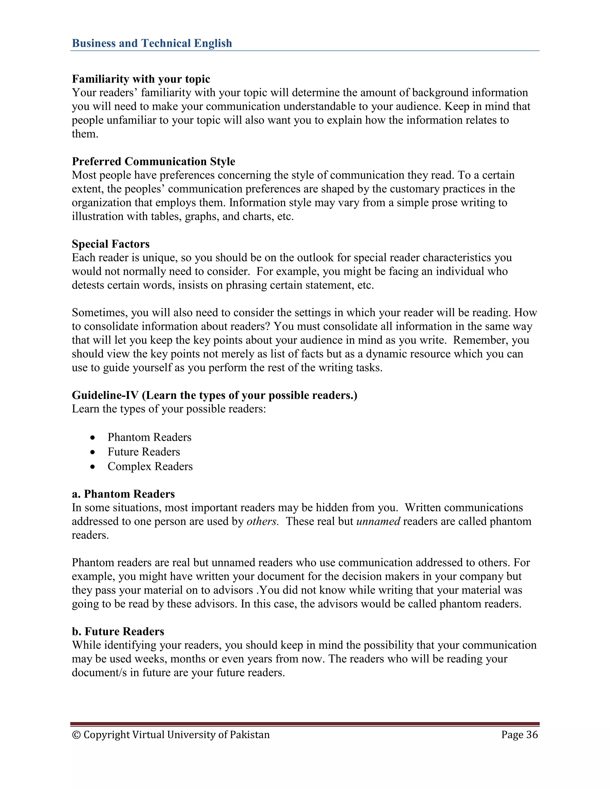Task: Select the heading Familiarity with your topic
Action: (x=141, y=79)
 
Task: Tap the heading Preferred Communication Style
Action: (x=153, y=161)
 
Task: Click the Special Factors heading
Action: (x=111, y=244)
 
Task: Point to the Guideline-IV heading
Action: (x=214, y=395)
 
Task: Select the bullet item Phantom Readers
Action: (x=149, y=437)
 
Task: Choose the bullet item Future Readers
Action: (x=144, y=452)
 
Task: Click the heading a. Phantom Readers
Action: (x=123, y=494)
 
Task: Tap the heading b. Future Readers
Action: (x=118, y=631)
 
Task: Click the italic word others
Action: (x=262, y=521)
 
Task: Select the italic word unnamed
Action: (x=378, y=521)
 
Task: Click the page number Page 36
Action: (x=519, y=735)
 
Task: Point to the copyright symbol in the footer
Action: (x=76, y=735)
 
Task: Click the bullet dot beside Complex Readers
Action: (x=93, y=467)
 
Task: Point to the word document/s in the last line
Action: (x=99, y=673)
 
